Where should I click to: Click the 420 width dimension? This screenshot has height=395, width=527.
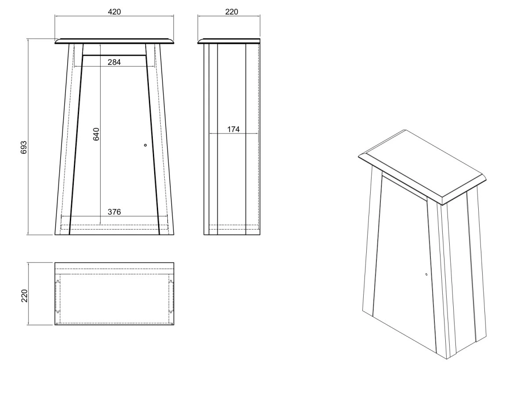tap(114, 12)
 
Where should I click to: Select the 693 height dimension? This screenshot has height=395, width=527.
tap(24, 147)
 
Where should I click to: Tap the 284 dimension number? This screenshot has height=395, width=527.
tap(114, 62)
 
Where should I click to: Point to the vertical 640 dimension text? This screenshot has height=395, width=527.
tap(96, 134)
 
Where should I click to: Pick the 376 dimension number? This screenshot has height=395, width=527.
tap(114, 212)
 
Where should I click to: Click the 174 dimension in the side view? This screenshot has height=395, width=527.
tap(233, 129)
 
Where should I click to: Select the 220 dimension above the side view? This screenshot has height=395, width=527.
tap(231, 12)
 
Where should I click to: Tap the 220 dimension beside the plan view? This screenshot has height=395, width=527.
tap(25, 296)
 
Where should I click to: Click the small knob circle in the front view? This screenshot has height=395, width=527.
tap(145, 145)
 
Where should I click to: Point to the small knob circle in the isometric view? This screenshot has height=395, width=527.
tap(426, 274)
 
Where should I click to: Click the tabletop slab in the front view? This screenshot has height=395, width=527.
tap(114, 41)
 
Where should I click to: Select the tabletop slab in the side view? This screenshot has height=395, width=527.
tap(229, 41)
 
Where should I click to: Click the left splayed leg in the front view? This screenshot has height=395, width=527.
tap(69, 139)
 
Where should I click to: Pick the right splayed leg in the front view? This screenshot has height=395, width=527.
tap(159, 139)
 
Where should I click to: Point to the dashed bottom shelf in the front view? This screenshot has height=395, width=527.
tap(114, 227)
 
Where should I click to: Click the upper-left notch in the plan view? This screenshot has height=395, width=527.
tap(58, 281)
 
